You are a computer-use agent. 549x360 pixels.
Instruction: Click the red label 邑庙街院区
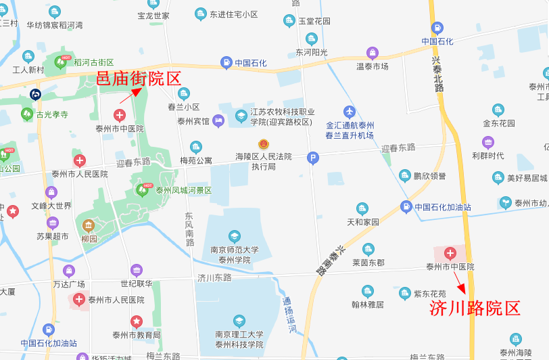[x=139, y=78]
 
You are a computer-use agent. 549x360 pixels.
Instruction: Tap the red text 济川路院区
[x=475, y=309]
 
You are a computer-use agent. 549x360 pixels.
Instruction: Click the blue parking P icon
[x=312, y=158]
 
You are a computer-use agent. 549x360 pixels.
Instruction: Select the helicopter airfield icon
[x=350, y=112]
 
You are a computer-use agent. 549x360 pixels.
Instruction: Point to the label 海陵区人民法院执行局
[x=263, y=161]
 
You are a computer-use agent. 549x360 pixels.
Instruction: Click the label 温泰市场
[x=372, y=66]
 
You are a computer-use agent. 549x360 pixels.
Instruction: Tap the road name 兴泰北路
[x=438, y=73]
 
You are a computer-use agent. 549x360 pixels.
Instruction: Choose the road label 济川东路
[x=214, y=277]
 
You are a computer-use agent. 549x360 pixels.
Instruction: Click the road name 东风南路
[x=189, y=229]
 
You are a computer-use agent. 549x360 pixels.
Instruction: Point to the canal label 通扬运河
[x=289, y=316]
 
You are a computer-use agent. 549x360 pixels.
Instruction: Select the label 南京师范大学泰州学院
[x=234, y=254]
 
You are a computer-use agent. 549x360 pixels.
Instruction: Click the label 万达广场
[x=69, y=284]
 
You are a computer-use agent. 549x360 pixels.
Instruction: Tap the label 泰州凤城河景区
[x=183, y=190]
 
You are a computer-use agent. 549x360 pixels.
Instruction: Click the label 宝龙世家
[x=153, y=15]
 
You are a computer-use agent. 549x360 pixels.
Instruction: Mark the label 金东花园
[x=498, y=123]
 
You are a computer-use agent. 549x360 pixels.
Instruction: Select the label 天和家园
[x=363, y=221]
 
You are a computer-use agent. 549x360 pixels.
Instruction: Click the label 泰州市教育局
[x=137, y=334]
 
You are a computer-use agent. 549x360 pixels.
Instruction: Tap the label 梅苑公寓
[x=196, y=160]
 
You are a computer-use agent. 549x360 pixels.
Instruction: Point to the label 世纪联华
[x=137, y=284]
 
